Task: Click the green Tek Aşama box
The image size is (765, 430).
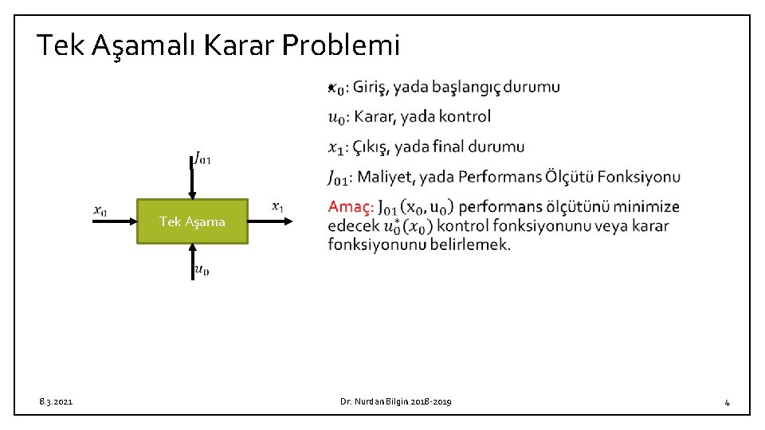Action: [192, 221]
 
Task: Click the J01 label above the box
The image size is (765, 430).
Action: [202, 158]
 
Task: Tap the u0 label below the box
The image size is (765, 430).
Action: [202, 271]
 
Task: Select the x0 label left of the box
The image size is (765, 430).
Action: [100, 210]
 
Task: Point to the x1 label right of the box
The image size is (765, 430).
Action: [277, 207]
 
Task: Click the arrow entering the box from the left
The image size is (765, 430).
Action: [114, 221]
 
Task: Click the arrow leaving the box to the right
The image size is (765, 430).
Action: [270, 221]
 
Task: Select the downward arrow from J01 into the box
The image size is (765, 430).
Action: [192, 182]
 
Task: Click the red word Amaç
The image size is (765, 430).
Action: [350, 207]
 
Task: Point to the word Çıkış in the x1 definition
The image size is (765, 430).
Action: [371, 147]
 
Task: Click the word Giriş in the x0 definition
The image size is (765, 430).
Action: [371, 87]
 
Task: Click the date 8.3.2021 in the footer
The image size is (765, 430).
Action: [55, 402]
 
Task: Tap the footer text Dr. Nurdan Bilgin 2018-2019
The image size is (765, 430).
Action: [395, 402]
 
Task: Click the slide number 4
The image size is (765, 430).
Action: [727, 402]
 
